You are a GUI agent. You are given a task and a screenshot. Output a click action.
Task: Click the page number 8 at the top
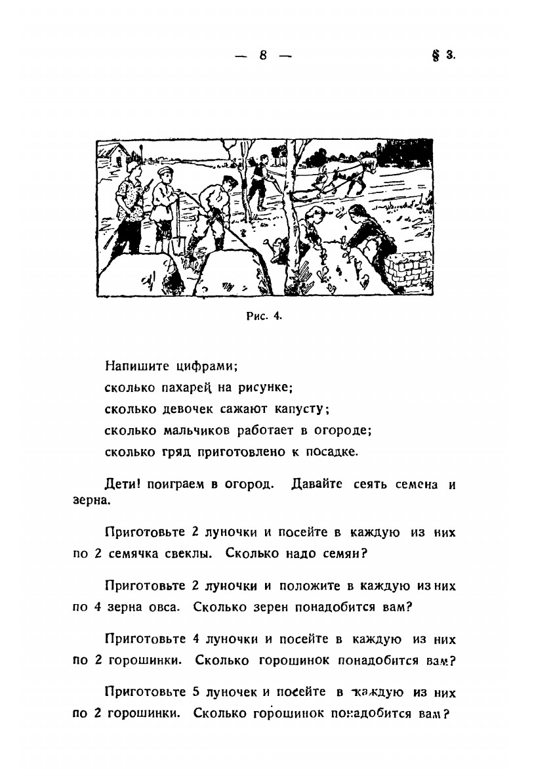[262, 56]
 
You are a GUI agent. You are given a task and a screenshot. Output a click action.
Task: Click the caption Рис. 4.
[263, 316]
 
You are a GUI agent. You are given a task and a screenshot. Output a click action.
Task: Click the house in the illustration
[115, 155]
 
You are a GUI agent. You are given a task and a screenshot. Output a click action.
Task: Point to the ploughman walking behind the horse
[257, 181]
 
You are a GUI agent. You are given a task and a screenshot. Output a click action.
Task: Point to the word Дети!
[123, 485]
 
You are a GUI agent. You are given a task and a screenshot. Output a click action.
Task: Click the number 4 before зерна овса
[96, 607]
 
